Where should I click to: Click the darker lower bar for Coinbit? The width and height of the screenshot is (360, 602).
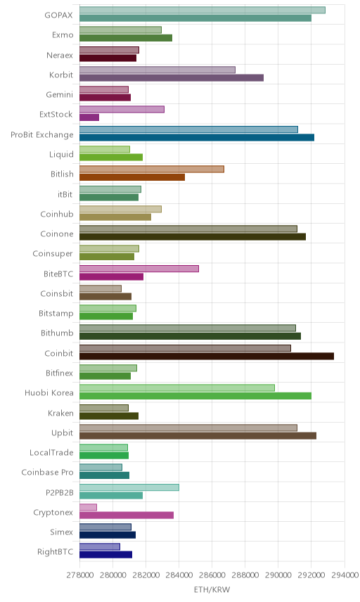207,357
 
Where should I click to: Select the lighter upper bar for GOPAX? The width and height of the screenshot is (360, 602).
202,10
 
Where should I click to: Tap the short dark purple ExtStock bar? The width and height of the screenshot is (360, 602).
89,117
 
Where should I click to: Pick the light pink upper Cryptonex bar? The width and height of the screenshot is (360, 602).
89,507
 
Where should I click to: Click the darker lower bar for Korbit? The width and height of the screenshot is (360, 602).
172,78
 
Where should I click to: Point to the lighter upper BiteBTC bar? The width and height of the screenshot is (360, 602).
139,269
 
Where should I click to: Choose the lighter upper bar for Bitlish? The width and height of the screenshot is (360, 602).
152,169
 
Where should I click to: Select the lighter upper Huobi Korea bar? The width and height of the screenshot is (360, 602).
177,388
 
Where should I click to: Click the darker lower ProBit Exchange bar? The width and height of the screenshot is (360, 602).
197,137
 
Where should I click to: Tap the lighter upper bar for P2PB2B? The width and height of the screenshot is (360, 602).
129,487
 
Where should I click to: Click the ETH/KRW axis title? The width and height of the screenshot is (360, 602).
212,590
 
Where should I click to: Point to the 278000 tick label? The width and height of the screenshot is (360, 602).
80,575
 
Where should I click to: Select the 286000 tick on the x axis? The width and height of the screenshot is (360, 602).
212,575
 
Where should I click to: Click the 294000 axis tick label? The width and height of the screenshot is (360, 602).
345,575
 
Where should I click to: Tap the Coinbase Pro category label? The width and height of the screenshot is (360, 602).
47,472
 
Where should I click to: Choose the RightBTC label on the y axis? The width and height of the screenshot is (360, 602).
55,551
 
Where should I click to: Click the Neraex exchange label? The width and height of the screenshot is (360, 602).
60,56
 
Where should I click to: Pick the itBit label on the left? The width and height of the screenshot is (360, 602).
65,194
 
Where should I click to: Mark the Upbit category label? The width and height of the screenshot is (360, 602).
62,433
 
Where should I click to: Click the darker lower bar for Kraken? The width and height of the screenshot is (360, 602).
109,416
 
